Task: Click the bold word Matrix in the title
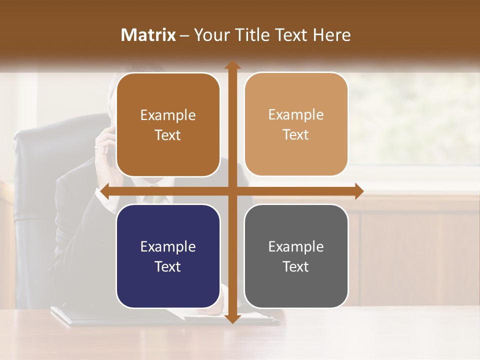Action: coord(148,35)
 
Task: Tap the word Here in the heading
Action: coord(331,35)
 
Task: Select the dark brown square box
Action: coord(168,125)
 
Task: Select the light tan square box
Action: coord(296,124)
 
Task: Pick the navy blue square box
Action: coord(168,256)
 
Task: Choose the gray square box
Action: coord(296,256)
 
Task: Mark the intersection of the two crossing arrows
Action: coord(232,191)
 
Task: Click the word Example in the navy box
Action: coord(167,247)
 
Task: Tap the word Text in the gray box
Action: coord(295,266)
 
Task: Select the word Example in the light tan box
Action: coord(295,115)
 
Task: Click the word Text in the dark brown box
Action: coord(167,135)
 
